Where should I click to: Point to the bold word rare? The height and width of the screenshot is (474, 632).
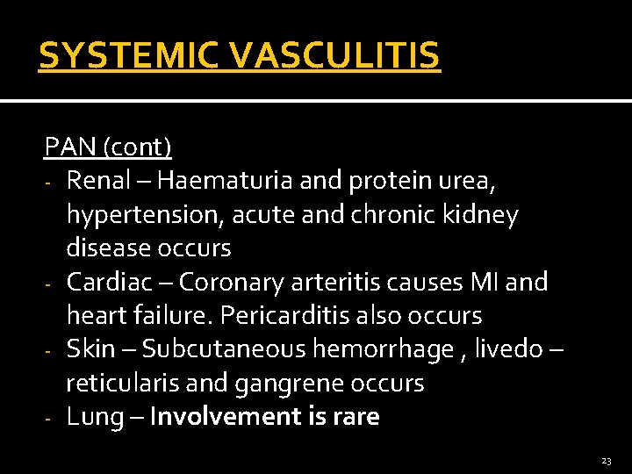[355, 417]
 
